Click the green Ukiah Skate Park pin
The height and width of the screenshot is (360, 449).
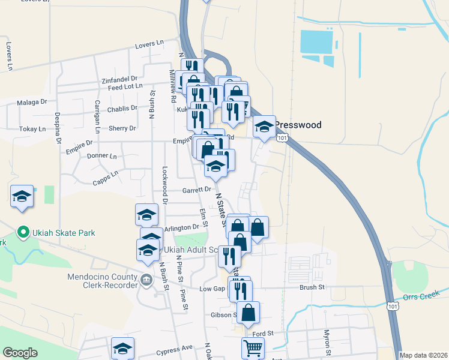[23, 232]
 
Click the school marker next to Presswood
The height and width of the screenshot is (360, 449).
[264, 127]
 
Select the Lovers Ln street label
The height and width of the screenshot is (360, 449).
[149, 44]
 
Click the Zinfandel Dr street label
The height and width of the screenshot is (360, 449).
[119, 79]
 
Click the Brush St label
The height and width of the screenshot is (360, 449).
[312, 287]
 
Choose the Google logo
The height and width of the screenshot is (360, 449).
[20, 353]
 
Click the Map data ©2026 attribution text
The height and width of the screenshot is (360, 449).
[423, 355]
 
